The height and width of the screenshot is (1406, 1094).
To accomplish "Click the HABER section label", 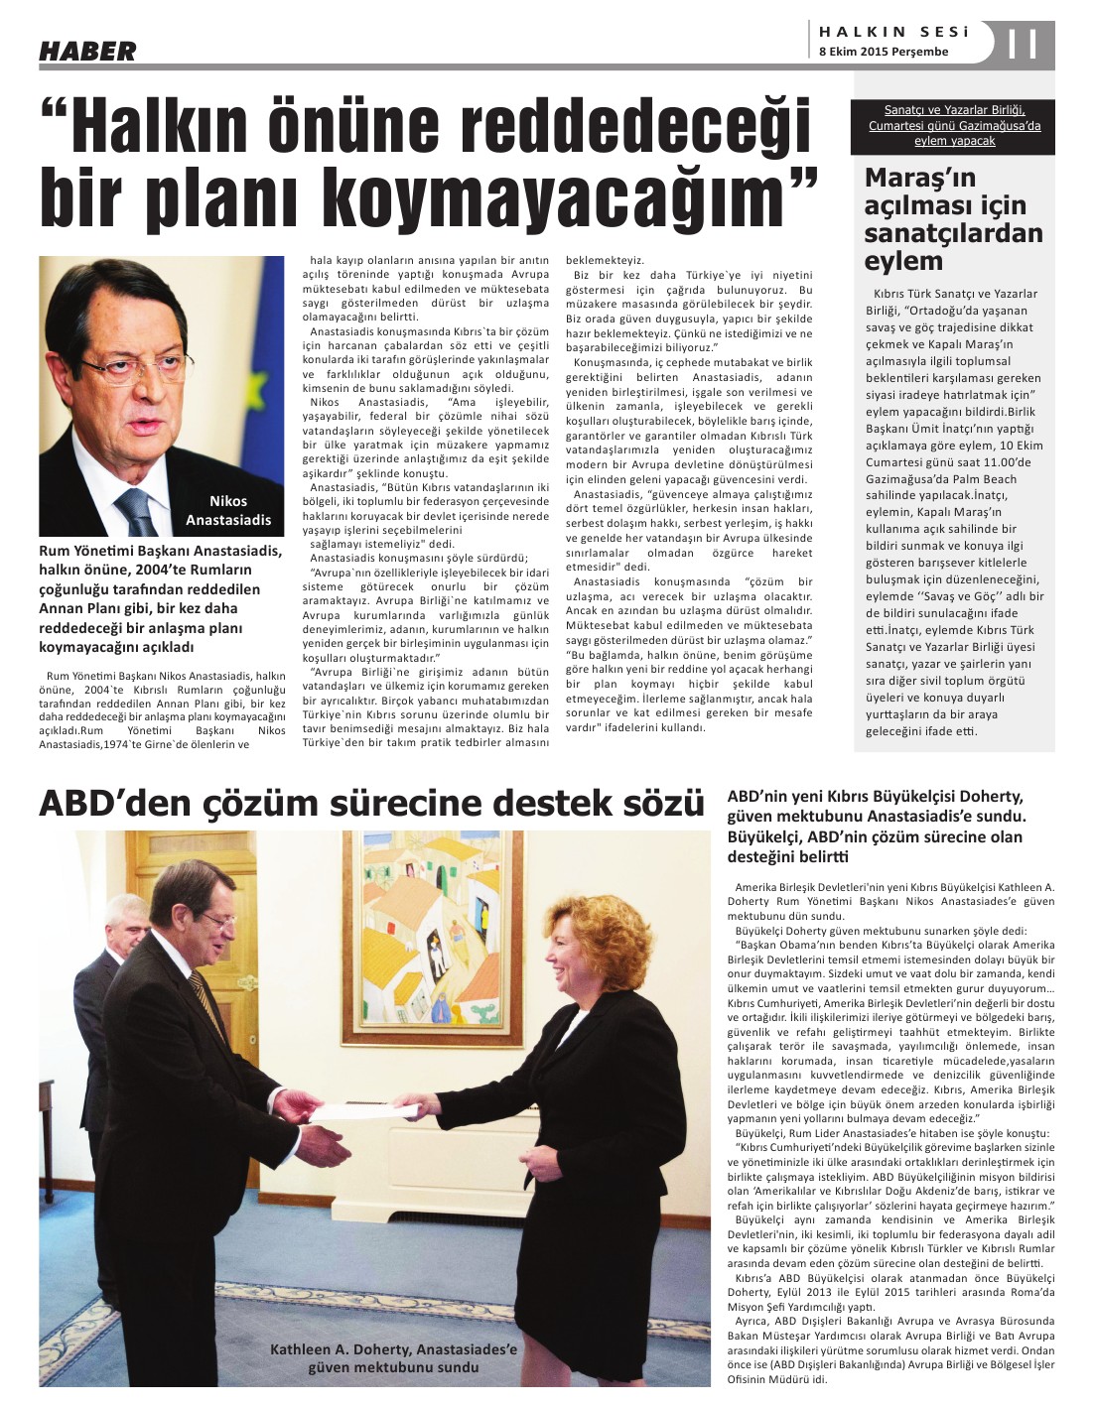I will tap(87, 51).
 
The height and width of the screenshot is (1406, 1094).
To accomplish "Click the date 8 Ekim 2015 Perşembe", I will tap(884, 52).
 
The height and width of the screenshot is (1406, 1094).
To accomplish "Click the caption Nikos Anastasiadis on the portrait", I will tap(228, 510).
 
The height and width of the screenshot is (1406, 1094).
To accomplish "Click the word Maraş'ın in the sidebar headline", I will tap(906, 178).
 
